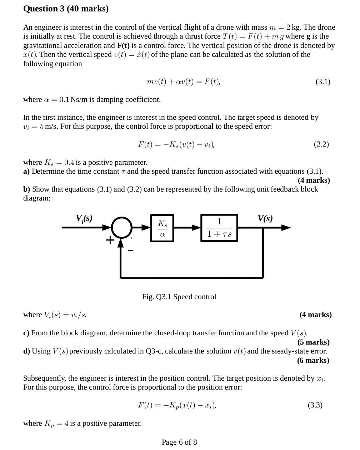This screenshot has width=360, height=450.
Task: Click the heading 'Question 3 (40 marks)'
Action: coord(66,9)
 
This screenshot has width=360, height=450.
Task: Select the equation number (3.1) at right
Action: coord(323,81)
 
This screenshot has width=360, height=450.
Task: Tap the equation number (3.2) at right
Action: coord(321,144)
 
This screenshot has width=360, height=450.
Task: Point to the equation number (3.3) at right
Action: coord(315,405)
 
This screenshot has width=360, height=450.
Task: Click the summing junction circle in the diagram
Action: coord(121,227)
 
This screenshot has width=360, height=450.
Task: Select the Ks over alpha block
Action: coord(162,228)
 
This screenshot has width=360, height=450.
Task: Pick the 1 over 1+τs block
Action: coord(219,228)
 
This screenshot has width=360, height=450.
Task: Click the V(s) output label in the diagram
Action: coord(265,218)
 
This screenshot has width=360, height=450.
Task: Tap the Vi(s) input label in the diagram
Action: coord(84,218)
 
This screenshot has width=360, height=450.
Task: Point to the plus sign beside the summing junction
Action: coord(110,240)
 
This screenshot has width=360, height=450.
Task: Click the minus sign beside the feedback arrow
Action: coord(131,251)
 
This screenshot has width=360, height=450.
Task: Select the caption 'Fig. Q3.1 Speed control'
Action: coord(179,297)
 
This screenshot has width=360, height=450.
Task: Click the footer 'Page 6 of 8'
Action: coord(179,442)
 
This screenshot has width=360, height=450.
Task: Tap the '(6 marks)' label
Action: coord(313,360)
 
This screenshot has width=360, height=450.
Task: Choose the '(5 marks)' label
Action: coord(314,342)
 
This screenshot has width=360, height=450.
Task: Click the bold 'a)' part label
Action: coord(26,171)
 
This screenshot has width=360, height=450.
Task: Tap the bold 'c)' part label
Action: coord(26,333)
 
